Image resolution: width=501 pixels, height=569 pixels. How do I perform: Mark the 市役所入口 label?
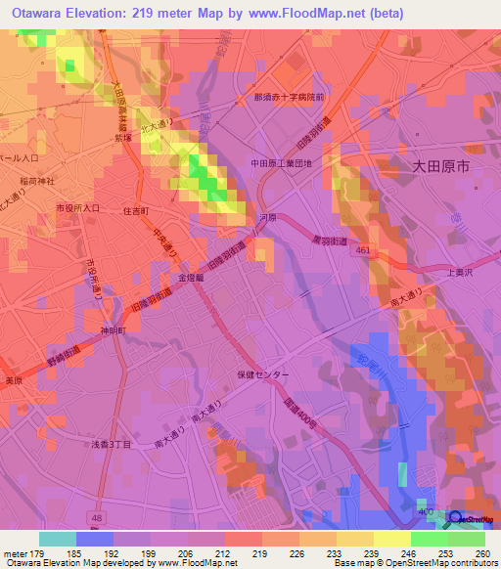tap(77, 208)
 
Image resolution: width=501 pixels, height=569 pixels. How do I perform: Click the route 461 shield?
tap(362, 250)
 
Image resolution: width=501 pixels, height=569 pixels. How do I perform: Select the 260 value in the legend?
tap(481, 553)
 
